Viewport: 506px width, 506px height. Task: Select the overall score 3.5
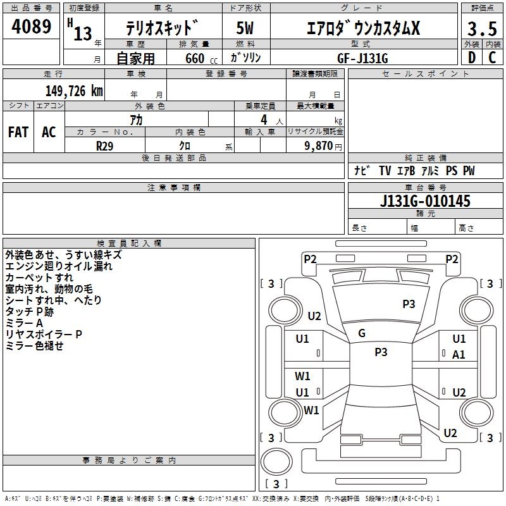(481, 29)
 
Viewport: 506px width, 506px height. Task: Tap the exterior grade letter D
(471, 57)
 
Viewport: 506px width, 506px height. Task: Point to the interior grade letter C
(492, 57)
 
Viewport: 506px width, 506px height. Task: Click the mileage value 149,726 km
(74, 91)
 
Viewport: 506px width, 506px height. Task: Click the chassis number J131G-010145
(425, 201)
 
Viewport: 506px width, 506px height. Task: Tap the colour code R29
(105, 145)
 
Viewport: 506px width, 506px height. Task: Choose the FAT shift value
(18, 132)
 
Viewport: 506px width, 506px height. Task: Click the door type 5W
(245, 29)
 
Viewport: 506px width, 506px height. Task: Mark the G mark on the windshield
(362, 333)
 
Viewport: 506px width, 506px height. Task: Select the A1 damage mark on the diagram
(459, 355)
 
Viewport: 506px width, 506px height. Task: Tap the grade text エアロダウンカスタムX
(362, 29)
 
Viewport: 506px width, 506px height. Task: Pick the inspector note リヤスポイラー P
(44, 334)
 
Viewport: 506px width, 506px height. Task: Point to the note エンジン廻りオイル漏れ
(59, 266)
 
